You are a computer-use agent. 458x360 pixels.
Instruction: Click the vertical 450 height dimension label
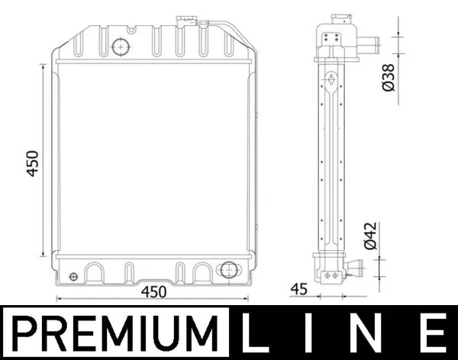33,163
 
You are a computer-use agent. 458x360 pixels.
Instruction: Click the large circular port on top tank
121,47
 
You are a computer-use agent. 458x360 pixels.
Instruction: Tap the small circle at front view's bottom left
73,276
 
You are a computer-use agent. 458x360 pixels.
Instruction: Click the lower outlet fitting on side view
352,268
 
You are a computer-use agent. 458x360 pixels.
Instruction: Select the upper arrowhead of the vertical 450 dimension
44,68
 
